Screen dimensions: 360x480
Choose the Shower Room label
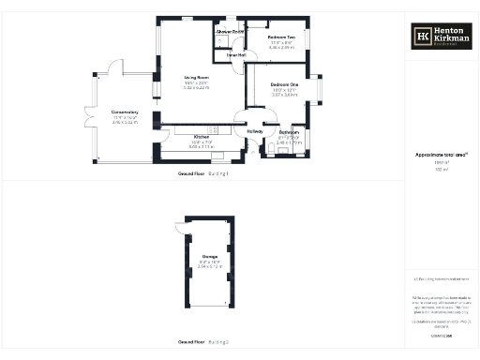point(230,32)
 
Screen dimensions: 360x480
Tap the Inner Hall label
point(236,54)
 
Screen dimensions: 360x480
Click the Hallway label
point(254,132)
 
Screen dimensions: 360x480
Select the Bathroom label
point(288,132)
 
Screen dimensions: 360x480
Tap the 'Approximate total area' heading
point(442,154)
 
